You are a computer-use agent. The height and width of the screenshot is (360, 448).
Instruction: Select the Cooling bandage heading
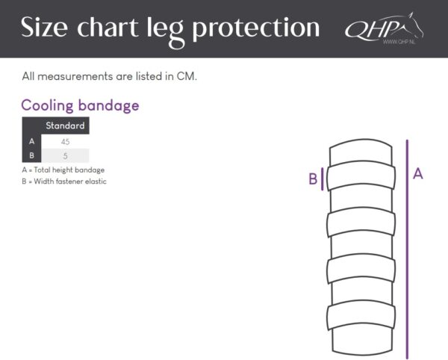pyautogui.click(x=80, y=105)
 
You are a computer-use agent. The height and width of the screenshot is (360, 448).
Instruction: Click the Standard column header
pyautogui.click(x=65, y=125)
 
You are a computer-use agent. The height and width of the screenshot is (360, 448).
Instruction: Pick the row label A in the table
pyautogui.click(x=31, y=141)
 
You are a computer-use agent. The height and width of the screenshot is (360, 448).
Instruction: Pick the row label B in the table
pyautogui.click(x=31, y=156)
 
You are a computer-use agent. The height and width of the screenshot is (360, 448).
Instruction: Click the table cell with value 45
pyautogui.click(x=65, y=141)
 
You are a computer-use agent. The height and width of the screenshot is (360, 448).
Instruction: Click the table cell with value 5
pyautogui.click(x=65, y=156)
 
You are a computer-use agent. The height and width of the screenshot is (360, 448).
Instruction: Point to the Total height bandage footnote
pyautogui.click(x=63, y=170)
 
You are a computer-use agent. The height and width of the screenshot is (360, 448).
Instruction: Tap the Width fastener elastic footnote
pyautogui.click(x=64, y=181)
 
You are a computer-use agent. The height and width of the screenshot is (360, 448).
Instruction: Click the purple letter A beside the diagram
pyautogui.click(x=418, y=173)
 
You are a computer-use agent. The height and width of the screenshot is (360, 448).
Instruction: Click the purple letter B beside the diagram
pyautogui.click(x=313, y=179)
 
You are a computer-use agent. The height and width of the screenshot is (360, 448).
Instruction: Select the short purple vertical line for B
pyautogui.click(x=323, y=179)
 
